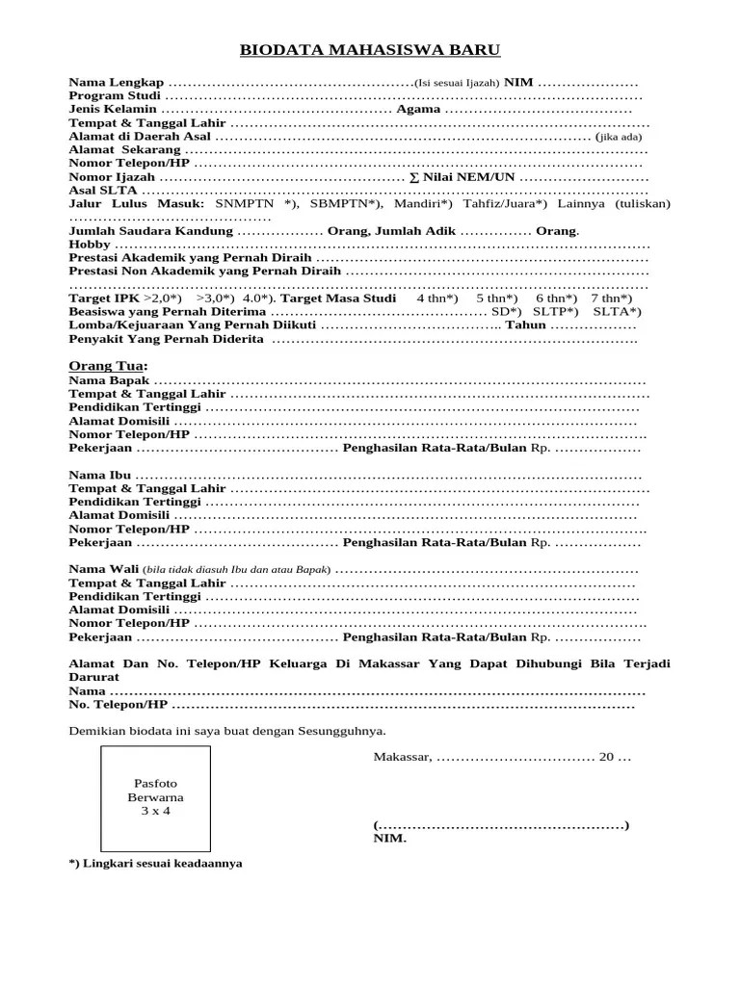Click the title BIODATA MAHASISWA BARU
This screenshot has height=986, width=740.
[x=370, y=51]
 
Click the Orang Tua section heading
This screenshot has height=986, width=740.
[x=106, y=366]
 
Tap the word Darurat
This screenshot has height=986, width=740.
[x=93, y=678]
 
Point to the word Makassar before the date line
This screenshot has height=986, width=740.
[x=402, y=757]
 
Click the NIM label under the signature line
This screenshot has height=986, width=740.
[x=389, y=838]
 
